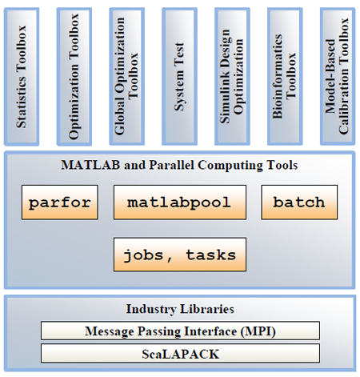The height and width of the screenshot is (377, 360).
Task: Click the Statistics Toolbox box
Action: tap(22, 77)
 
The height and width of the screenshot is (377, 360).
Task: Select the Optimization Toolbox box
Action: tap(74, 77)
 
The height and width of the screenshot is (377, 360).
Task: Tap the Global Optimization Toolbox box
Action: tap(127, 77)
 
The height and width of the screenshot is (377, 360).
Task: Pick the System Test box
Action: tap(179, 77)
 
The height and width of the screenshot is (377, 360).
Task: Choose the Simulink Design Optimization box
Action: tap(232, 77)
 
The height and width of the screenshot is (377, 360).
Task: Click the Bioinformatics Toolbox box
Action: tap(285, 77)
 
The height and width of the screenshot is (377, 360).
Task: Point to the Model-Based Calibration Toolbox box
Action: tap(338, 77)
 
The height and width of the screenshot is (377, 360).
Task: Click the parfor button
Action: tap(60, 203)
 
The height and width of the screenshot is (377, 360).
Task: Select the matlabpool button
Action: tap(180, 203)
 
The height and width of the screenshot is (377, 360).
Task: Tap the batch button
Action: tap(299, 203)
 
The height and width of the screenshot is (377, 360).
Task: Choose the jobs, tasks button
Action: tap(180, 255)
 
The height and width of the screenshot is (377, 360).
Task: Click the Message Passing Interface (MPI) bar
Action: tap(180, 331)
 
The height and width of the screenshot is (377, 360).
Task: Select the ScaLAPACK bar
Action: tap(180, 353)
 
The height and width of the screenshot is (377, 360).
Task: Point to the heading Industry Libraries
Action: tap(180, 309)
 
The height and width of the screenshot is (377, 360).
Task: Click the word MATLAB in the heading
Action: tap(90, 165)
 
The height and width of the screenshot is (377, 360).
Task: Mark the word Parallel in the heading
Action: tap(171, 165)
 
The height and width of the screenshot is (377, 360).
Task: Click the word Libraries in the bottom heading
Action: tap(207, 309)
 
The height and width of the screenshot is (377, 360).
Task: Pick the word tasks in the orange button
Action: tap(210, 255)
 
